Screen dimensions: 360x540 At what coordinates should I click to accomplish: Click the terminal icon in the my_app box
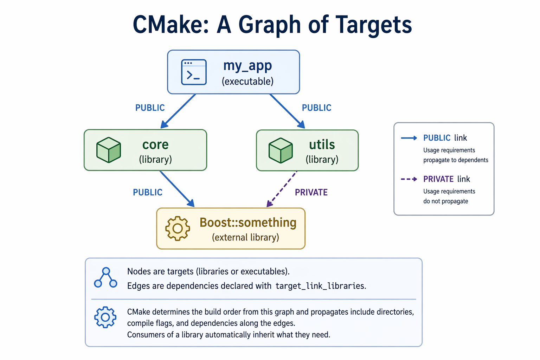[194, 72]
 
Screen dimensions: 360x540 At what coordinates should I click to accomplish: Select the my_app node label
[247, 66]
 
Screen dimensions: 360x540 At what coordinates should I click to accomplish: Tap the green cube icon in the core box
[109, 150]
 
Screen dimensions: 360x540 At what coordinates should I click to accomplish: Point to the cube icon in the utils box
[281, 150]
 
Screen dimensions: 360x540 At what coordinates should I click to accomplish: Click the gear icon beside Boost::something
[178, 229]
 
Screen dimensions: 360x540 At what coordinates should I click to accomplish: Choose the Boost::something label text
[248, 223]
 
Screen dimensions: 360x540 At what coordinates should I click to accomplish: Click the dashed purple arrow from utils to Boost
[282, 189]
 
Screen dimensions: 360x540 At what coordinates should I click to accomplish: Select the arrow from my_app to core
[178, 111]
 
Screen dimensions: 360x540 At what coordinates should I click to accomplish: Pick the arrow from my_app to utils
[287, 111]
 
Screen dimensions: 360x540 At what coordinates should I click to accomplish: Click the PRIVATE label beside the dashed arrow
[311, 192]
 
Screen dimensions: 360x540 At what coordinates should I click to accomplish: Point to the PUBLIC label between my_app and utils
[316, 108]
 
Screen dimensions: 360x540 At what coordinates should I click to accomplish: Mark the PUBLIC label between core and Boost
[148, 192]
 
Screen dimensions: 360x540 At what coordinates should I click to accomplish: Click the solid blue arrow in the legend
[409, 138]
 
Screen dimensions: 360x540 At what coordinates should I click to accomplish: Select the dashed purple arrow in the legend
[409, 179]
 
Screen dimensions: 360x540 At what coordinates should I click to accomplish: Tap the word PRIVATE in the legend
[438, 179]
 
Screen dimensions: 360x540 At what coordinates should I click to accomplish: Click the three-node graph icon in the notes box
[105, 278]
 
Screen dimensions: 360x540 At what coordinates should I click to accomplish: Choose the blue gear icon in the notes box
[105, 317]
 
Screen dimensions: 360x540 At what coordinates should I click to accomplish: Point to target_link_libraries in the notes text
[320, 286]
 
